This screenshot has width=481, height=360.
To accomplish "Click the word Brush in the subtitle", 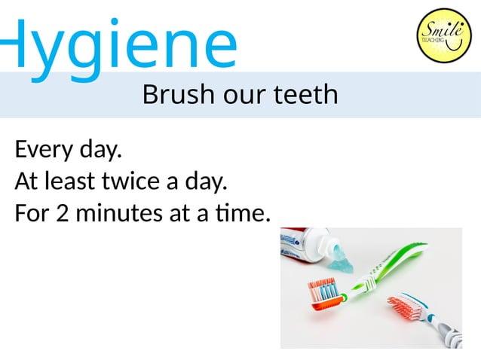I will coord(171,96).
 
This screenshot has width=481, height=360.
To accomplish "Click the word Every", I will coord(44,151).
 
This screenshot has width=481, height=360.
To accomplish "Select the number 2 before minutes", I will coord(63,214).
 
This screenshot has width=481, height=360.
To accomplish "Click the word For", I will coord(31,214).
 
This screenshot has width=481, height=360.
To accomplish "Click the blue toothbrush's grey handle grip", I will coord(449,335).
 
